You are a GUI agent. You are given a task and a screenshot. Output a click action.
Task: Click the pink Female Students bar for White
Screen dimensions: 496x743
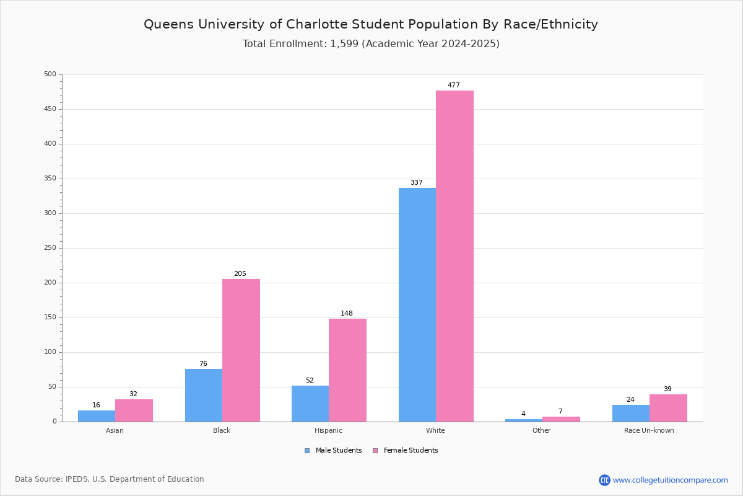[454, 256]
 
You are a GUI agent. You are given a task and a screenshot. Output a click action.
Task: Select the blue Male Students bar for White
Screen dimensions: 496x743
[417, 304]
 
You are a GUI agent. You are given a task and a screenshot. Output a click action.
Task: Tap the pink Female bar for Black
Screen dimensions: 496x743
[241, 350]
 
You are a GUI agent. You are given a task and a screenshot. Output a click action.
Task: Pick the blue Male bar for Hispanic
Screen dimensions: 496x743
[310, 404]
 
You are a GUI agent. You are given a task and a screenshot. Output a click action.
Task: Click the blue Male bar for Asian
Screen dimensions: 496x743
[97, 416]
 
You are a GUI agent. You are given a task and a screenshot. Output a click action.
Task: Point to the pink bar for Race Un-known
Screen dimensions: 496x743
[668, 408]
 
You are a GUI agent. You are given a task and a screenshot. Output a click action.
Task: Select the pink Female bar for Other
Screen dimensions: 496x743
[561, 419]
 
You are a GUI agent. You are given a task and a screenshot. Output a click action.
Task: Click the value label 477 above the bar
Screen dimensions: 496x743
[454, 86]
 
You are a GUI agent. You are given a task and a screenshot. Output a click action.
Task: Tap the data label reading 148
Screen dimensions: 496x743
[347, 314]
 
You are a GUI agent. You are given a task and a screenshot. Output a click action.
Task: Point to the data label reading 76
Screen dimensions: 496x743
[203, 364]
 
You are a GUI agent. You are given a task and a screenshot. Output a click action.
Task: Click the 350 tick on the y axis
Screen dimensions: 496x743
[50, 179]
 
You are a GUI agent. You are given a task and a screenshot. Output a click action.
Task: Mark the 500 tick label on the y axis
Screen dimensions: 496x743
[50, 74]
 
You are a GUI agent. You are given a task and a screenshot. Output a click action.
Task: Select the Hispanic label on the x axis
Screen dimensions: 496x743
[328, 430]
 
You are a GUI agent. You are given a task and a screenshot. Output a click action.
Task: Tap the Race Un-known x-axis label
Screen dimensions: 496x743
[649, 430]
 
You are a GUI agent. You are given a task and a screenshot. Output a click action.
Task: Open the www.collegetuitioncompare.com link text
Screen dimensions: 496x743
[670, 480]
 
